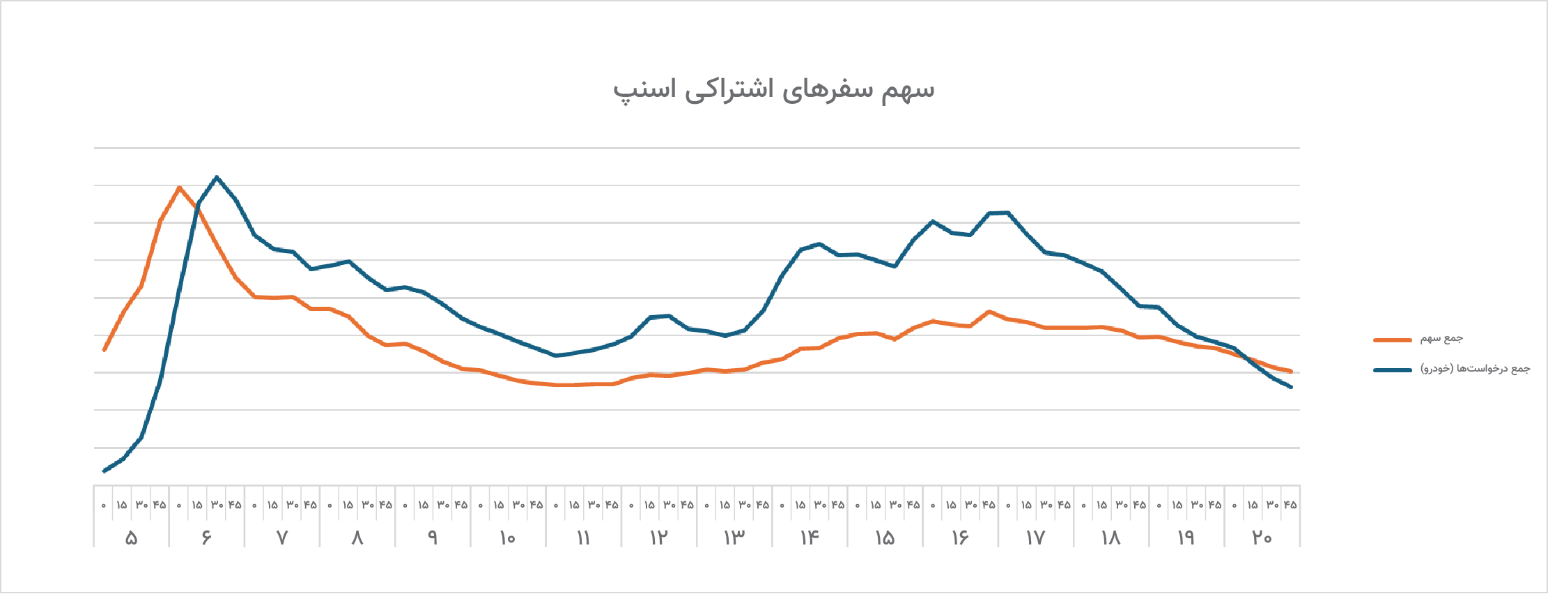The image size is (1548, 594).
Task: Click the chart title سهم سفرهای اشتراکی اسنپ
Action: [773, 90]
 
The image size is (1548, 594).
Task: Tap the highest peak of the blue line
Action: [217, 177]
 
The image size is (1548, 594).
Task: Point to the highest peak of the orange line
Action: [180, 187]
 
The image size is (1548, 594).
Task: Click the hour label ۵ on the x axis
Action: [131, 538]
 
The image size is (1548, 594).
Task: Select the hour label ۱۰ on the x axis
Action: [508, 538]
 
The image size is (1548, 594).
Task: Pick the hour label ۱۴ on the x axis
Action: [810, 538]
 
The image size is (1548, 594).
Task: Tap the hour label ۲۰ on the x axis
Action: [1262, 538]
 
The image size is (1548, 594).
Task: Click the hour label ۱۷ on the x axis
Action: [1035, 538]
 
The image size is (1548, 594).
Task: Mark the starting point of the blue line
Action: [104, 471]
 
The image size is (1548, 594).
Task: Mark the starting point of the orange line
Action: [104, 350]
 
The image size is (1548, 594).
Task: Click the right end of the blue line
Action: [1291, 387]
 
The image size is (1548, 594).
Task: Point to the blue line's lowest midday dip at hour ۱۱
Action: [555, 356]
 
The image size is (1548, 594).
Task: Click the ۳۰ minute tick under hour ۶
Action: [217, 505]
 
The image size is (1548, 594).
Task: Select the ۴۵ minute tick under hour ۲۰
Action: [1290, 505]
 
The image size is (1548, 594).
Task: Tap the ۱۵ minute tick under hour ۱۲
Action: [649, 505]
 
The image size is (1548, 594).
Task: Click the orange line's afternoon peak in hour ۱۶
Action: [989, 312]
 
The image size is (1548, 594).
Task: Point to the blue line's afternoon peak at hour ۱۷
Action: [1007, 213]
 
